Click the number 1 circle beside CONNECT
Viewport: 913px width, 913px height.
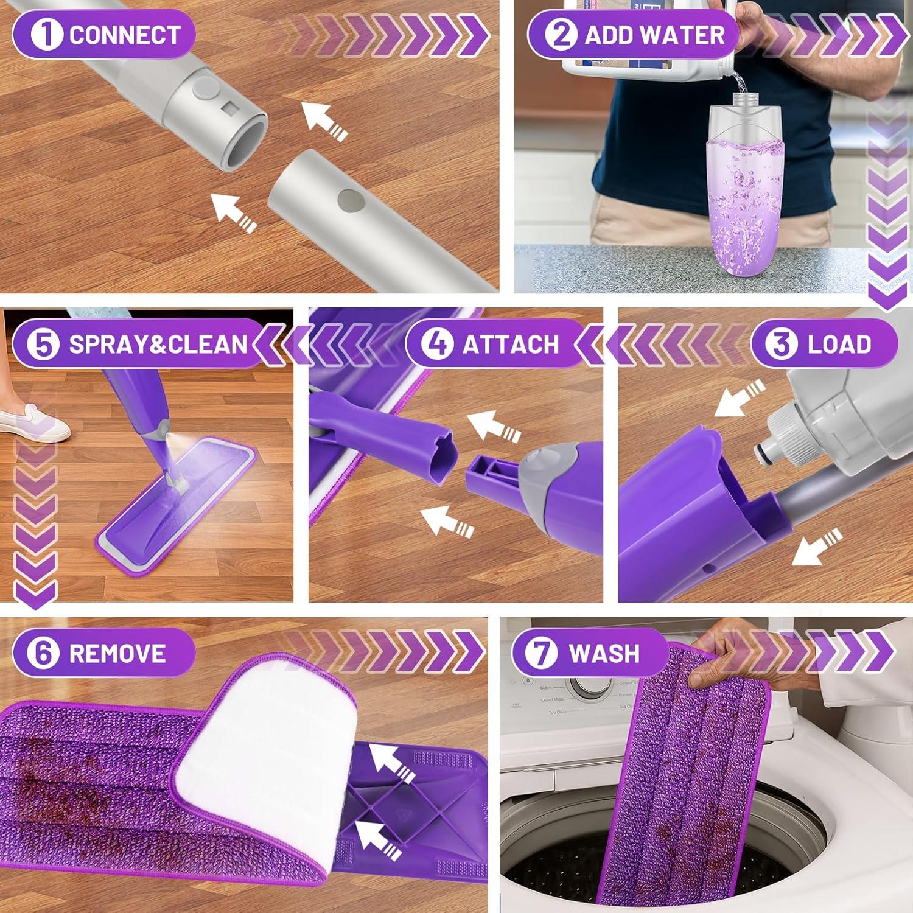(x=46, y=34)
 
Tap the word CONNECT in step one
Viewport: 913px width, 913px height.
(x=125, y=35)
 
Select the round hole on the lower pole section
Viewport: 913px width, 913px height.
(x=348, y=198)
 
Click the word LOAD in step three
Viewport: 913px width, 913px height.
(x=839, y=345)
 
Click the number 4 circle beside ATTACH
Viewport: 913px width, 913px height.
(x=436, y=344)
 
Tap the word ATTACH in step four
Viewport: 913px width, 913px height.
(x=510, y=345)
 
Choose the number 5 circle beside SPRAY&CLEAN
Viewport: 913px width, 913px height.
(x=43, y=344)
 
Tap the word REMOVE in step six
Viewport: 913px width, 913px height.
(x=117, y=653)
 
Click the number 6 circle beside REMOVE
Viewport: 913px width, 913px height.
(x=43, y=652)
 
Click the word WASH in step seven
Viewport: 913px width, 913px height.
(x=604, y=653)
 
